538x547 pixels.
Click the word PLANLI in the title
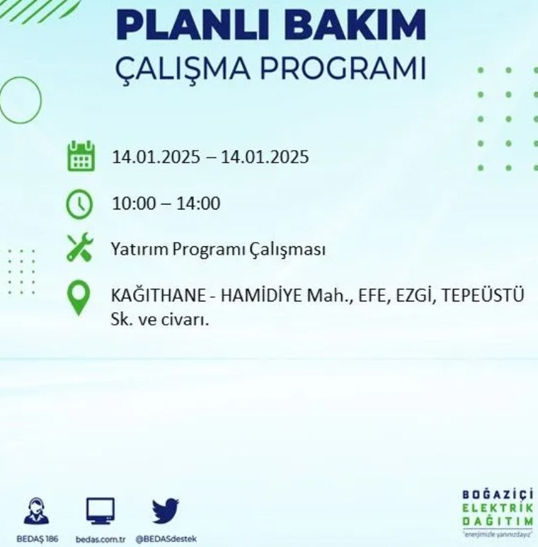coord(192,25)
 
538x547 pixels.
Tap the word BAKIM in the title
coord(355,25)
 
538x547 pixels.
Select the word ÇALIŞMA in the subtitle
coord(183,69)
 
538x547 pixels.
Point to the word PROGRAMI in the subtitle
coord(343,68)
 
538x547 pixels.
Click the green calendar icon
coord(81,156)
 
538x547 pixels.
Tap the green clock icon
coord(79,204)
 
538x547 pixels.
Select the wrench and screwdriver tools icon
coord(80,247)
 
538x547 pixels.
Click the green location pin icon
coord(79,299)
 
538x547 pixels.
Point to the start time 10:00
coord(134,203)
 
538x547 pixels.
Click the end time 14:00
coord(198,203)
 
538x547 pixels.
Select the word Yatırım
coord(139,249)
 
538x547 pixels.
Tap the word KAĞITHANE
coord(159,296)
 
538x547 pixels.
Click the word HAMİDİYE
coord(261,296)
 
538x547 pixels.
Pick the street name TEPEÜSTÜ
coord(483,295)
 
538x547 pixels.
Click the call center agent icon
coord(37,511)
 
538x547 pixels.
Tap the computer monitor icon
coord(101,511)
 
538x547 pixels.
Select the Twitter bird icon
coord(166,511)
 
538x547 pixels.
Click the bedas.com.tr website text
coord(101,539)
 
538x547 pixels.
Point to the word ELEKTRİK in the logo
coord(498,508)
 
